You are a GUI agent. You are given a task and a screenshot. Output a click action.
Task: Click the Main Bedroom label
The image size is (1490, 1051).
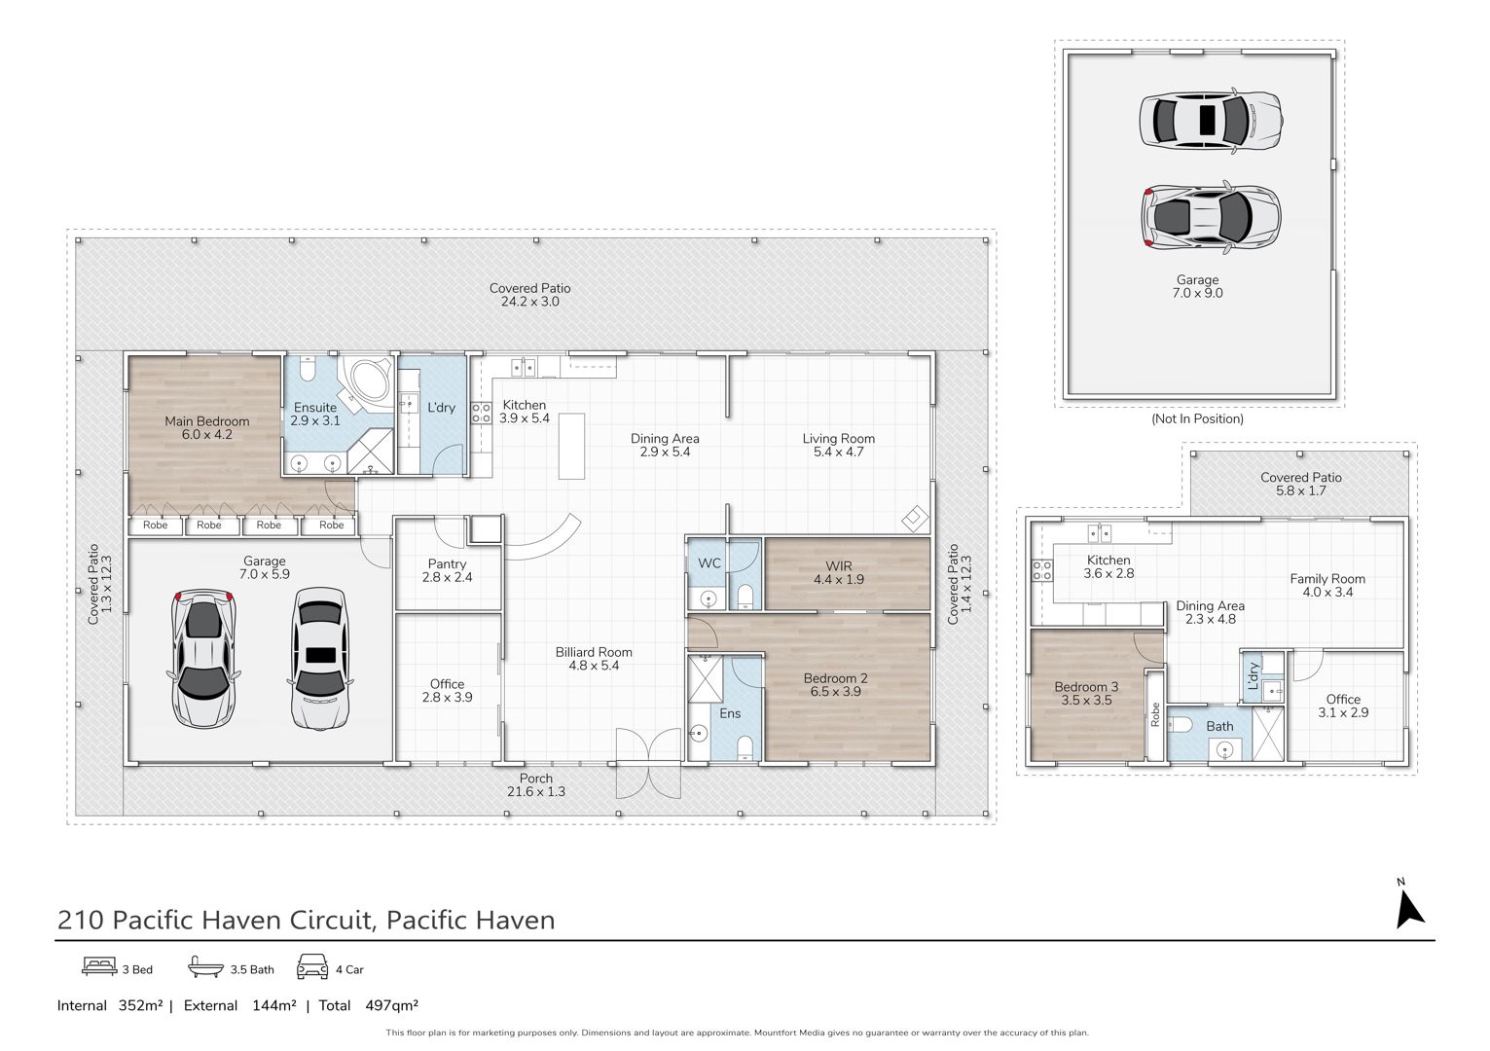pos(207,421)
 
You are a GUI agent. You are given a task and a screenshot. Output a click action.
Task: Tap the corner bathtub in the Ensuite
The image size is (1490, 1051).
pos(365,381)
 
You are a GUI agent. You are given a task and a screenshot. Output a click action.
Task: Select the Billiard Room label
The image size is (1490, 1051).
pos(594,653)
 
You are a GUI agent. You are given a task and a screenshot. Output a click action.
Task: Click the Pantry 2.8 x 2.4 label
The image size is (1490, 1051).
pos(447,570)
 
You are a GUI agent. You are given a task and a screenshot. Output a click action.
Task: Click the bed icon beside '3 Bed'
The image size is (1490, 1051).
pos(99,966)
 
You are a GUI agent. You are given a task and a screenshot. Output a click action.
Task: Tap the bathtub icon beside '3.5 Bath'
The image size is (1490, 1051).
pos(205,966)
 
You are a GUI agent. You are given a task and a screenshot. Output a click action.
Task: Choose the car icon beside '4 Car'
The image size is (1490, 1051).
pos(312,966)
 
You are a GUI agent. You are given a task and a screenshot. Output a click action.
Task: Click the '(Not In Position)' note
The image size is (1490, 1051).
pos(1197,418)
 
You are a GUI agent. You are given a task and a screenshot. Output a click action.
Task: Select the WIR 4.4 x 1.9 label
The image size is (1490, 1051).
pos(839,573)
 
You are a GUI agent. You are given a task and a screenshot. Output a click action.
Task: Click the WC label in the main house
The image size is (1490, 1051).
pos(709,563)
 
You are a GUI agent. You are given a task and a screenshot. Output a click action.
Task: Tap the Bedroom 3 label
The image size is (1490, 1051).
pos(1086,687)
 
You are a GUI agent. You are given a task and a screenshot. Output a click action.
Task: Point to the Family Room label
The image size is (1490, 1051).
pos(1327,579)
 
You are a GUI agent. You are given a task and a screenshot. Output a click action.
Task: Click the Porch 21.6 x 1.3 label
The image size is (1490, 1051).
pos(536,785)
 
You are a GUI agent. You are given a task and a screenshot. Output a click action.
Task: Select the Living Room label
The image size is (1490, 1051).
pos(838,438)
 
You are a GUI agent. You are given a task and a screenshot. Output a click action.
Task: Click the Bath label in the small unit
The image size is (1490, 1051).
pos(1220,726)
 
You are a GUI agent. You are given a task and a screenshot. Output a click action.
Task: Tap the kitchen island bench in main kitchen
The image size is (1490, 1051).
pos(571,446)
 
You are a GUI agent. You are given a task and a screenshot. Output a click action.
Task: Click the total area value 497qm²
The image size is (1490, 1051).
pos(392,1005)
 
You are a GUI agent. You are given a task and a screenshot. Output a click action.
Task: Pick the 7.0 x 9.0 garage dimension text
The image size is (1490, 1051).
pos(1197,293)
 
